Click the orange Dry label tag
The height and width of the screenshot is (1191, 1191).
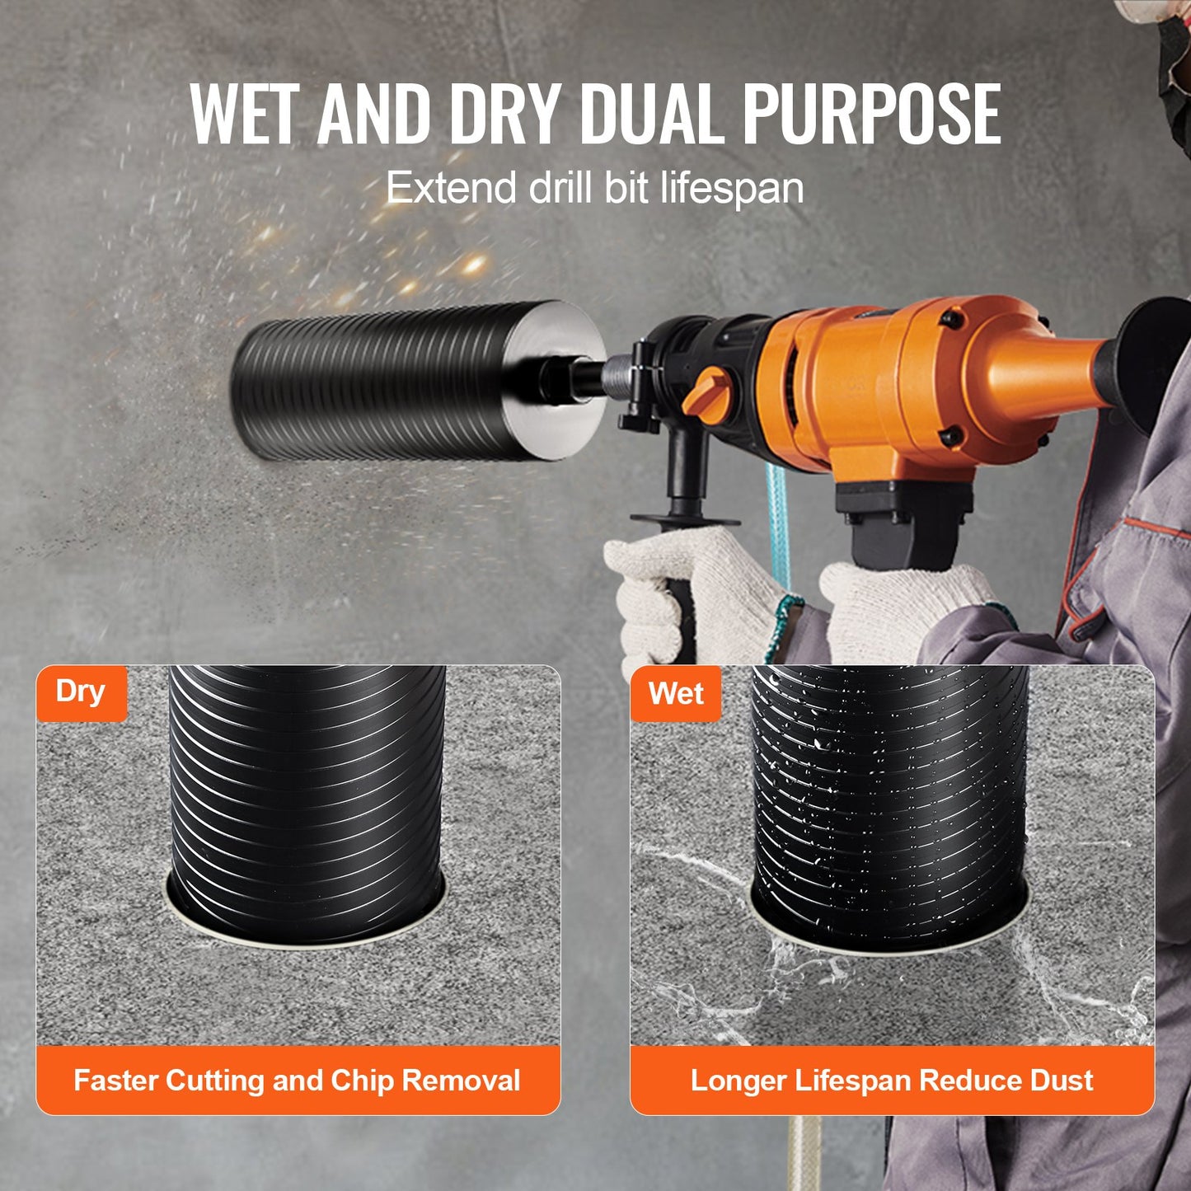(81, 692)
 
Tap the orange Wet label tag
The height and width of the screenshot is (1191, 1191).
(676, 694)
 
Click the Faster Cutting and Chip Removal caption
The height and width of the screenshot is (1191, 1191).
(298, 1081)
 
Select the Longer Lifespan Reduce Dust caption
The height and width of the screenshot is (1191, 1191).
(892, 1081)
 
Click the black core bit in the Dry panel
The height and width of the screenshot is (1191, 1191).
(307, 791)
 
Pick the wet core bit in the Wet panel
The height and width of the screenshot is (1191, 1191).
(890, 791)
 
